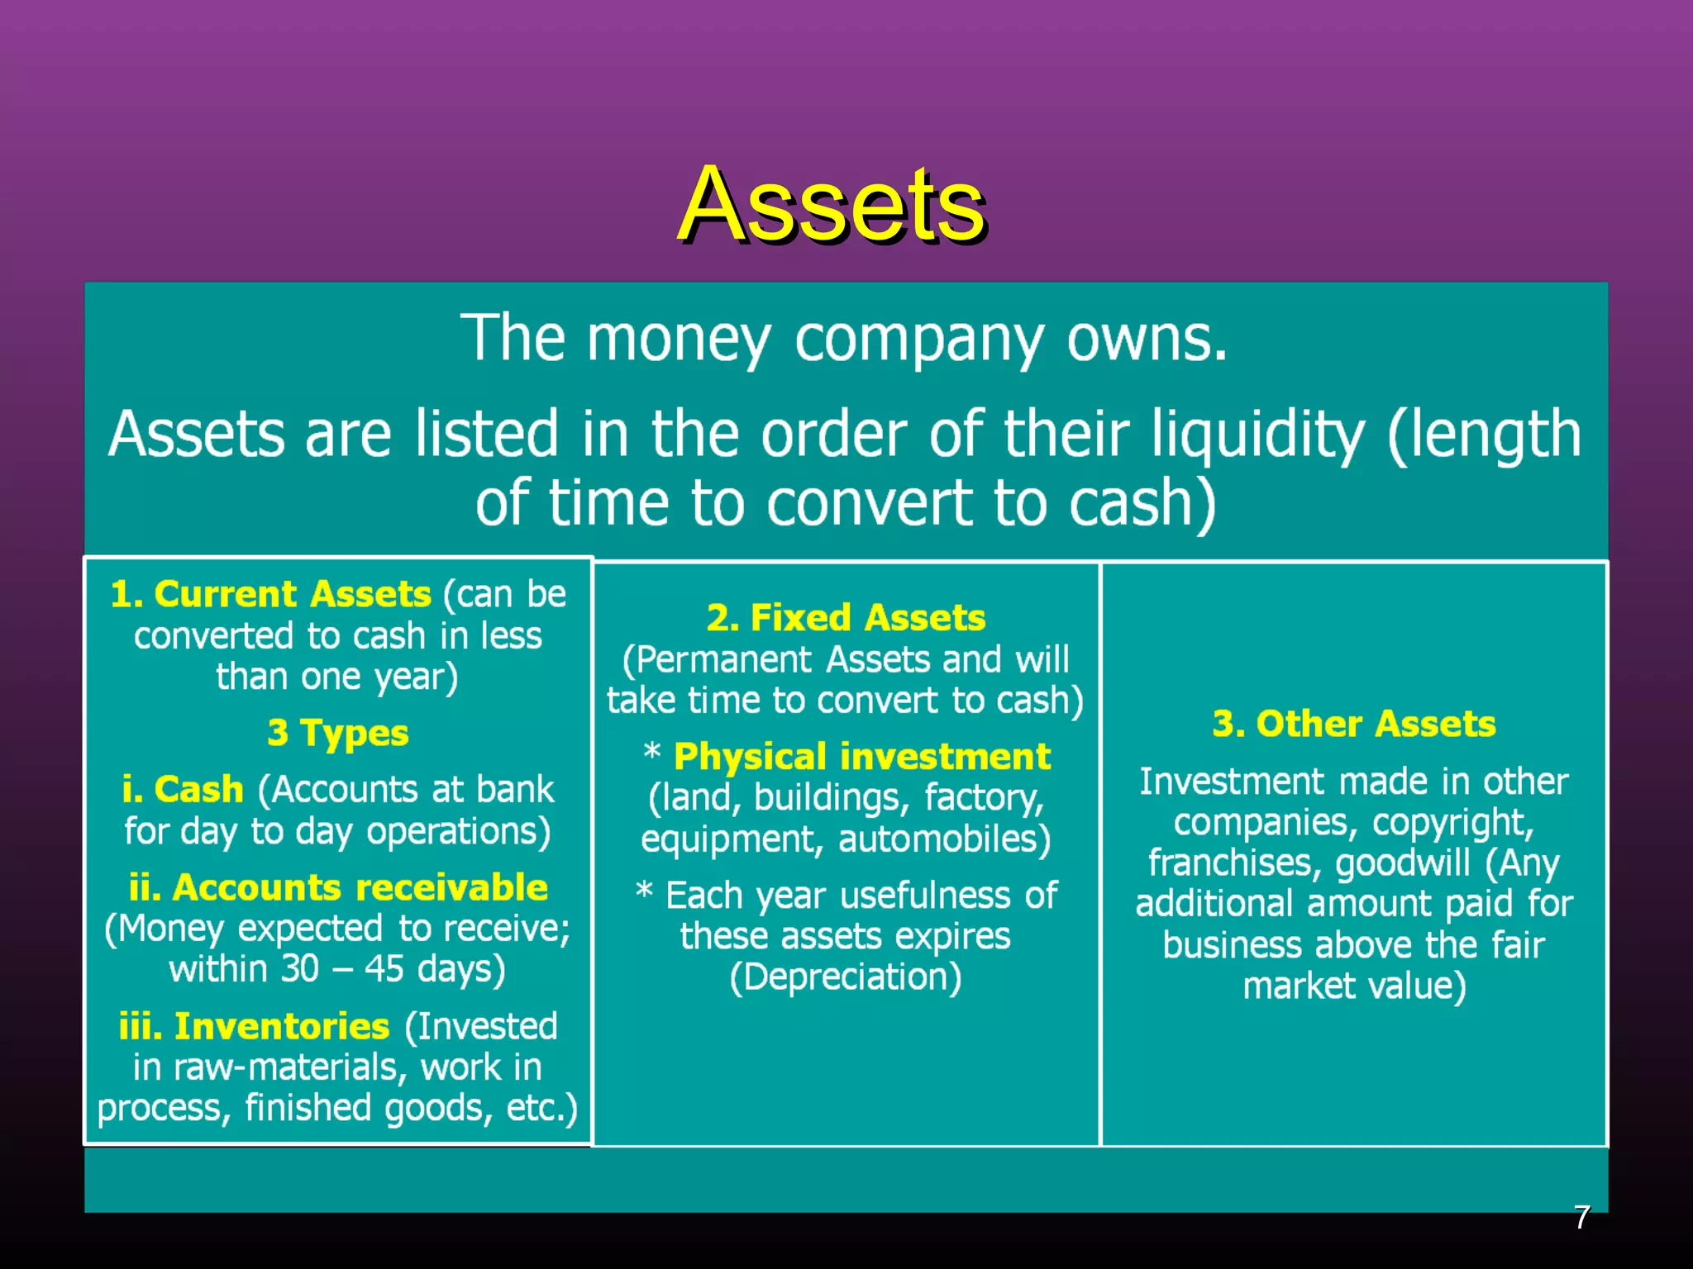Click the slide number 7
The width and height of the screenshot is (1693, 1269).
click(1581, 1217)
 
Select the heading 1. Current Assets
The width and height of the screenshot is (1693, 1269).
click(270, 594)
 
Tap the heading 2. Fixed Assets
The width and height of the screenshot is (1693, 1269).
click(846, 617)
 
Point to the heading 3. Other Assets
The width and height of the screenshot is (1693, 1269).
click(1354, 724)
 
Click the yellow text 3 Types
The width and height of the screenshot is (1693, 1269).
click(338, 733)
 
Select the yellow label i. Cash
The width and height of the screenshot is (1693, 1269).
click(183, 790)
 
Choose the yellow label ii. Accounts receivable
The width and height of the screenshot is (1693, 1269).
click(338, 887)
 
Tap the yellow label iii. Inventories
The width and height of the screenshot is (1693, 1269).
click(254, 1026)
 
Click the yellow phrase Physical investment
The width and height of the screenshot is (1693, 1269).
click(861, 757)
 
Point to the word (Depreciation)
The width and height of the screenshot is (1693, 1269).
click(846, 977)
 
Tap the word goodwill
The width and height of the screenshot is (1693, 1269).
click(1403, 863)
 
